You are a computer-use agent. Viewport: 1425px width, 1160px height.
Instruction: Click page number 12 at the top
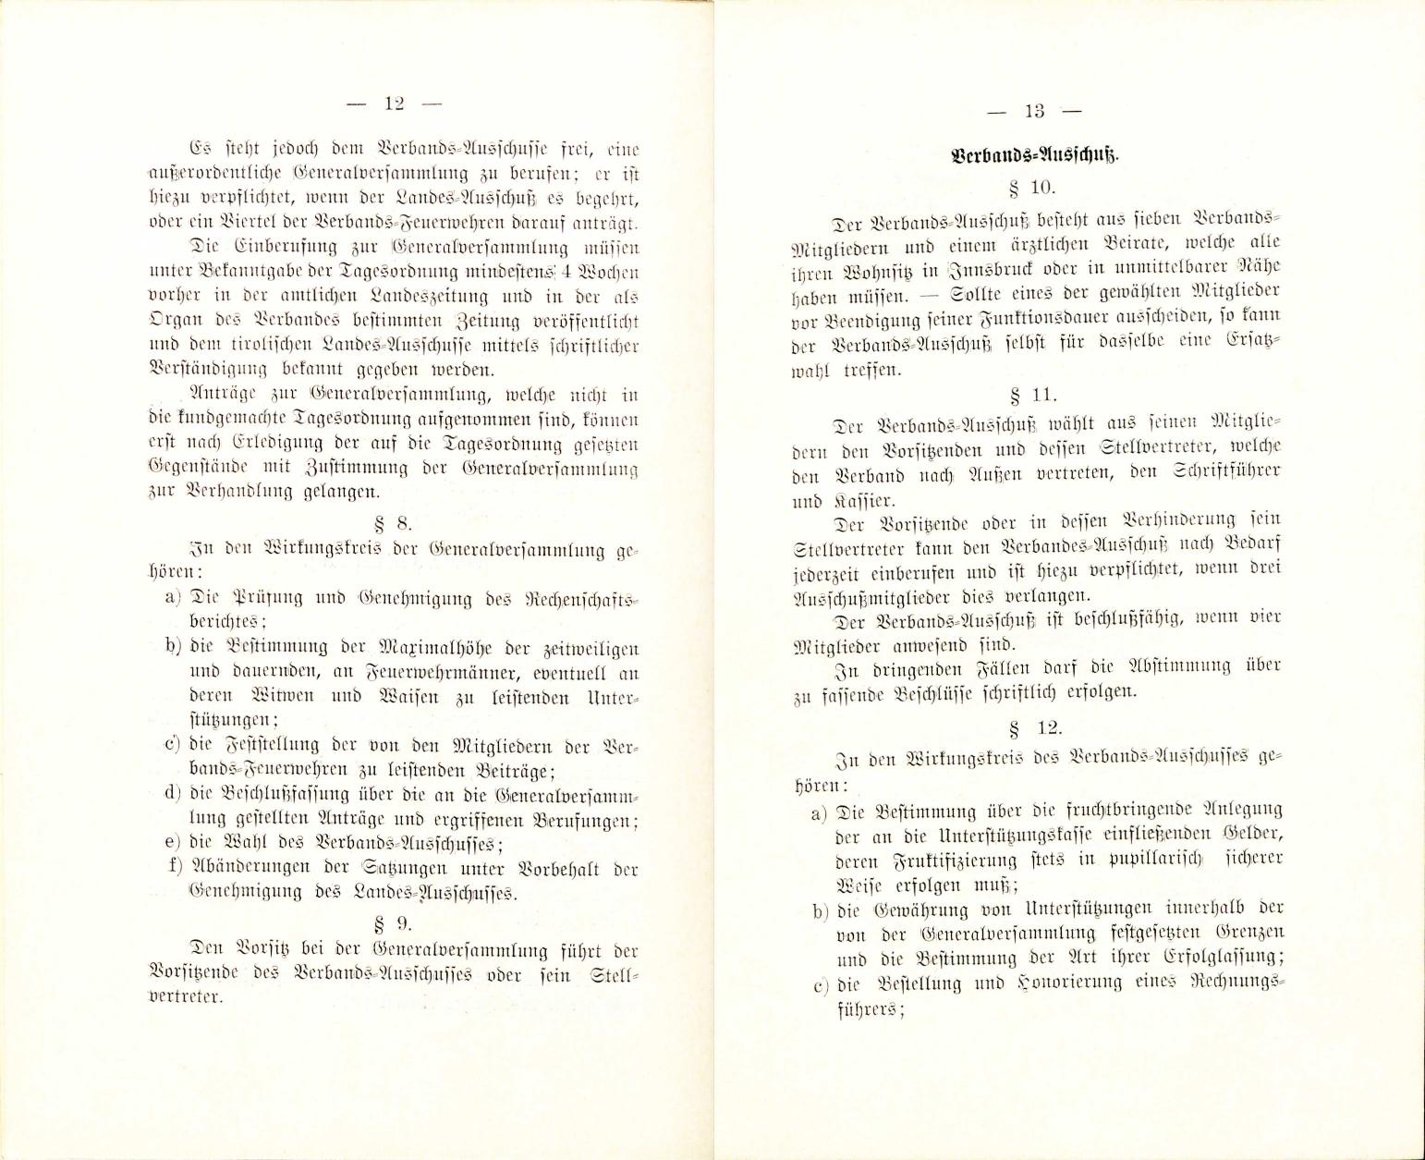[394, 104]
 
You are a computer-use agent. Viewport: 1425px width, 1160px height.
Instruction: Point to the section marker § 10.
[1033, 188]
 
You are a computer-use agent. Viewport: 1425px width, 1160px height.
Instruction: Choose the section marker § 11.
[1034, 395]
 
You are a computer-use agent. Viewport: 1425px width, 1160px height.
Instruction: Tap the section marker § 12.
[1032, 729]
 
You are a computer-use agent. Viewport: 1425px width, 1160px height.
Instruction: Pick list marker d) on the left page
[172, 794]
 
